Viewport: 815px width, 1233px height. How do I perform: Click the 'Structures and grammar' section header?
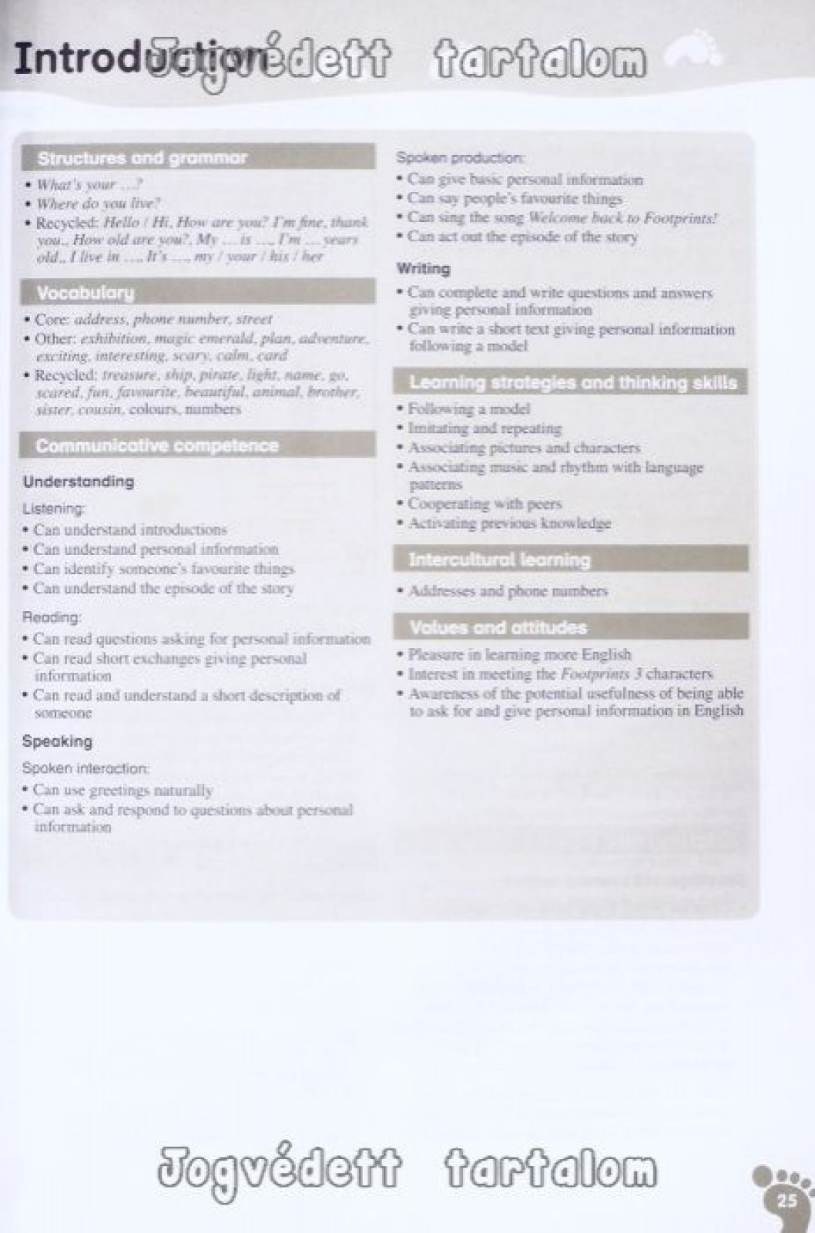click(143, 159)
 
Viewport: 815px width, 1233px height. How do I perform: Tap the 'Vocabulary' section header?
click(86, 293)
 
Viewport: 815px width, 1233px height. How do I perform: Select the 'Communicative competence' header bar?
click(157, 445)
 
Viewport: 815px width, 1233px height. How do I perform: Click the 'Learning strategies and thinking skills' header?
click(572, 382)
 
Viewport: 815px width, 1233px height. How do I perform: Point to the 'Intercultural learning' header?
click(500, 560)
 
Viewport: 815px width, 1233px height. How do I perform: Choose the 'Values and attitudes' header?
click(498, 627)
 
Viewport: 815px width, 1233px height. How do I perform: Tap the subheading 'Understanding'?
click(79, 482)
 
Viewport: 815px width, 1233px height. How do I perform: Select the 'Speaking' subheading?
click(57, 741)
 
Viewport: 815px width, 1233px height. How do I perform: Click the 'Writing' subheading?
click(423, 269)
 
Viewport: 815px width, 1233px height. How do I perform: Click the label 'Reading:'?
click(52, 617)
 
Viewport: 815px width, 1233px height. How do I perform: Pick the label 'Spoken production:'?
click(461, 158)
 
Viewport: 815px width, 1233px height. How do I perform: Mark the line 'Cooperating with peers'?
click(485, 504)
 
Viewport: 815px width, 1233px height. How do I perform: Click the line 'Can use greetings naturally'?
click(122, 790)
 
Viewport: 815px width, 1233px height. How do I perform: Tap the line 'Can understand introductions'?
click(129, 529)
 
